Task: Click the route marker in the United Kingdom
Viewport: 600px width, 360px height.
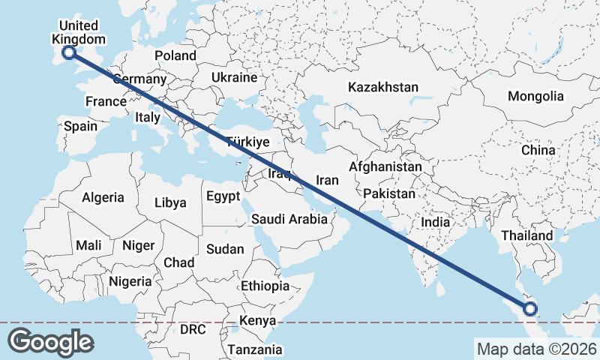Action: (x=69, y=52)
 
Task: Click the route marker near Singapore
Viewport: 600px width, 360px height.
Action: (x=531, y=308)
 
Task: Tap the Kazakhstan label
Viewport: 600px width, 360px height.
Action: (x=382, y=88)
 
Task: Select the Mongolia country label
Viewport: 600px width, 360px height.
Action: (x=535, y=96)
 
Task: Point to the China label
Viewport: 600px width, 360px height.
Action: (x=538, y=150)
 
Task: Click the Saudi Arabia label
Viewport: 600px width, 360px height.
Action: (x=289, y=219)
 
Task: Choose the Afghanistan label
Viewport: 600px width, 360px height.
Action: (x=385, y=166)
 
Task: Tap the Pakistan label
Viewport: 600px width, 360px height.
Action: (x=388, y=193)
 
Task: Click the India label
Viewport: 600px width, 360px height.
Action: (x=435, y=222)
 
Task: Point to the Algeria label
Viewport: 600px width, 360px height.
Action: (x=103, y=197)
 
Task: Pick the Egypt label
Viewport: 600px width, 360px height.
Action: (x=223, y=196)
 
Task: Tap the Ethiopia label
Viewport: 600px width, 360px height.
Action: (x=265, y=286)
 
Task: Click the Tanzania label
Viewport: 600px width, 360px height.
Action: (x=256, y=349)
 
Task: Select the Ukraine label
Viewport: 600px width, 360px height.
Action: (x=234, y=77)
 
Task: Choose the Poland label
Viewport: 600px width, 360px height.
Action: (x=175, y=55)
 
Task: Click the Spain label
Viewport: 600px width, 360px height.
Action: (x=80, y=126)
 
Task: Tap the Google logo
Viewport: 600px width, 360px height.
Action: (x=52, y=341)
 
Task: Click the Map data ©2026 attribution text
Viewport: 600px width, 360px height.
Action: (x=536, y=349)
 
